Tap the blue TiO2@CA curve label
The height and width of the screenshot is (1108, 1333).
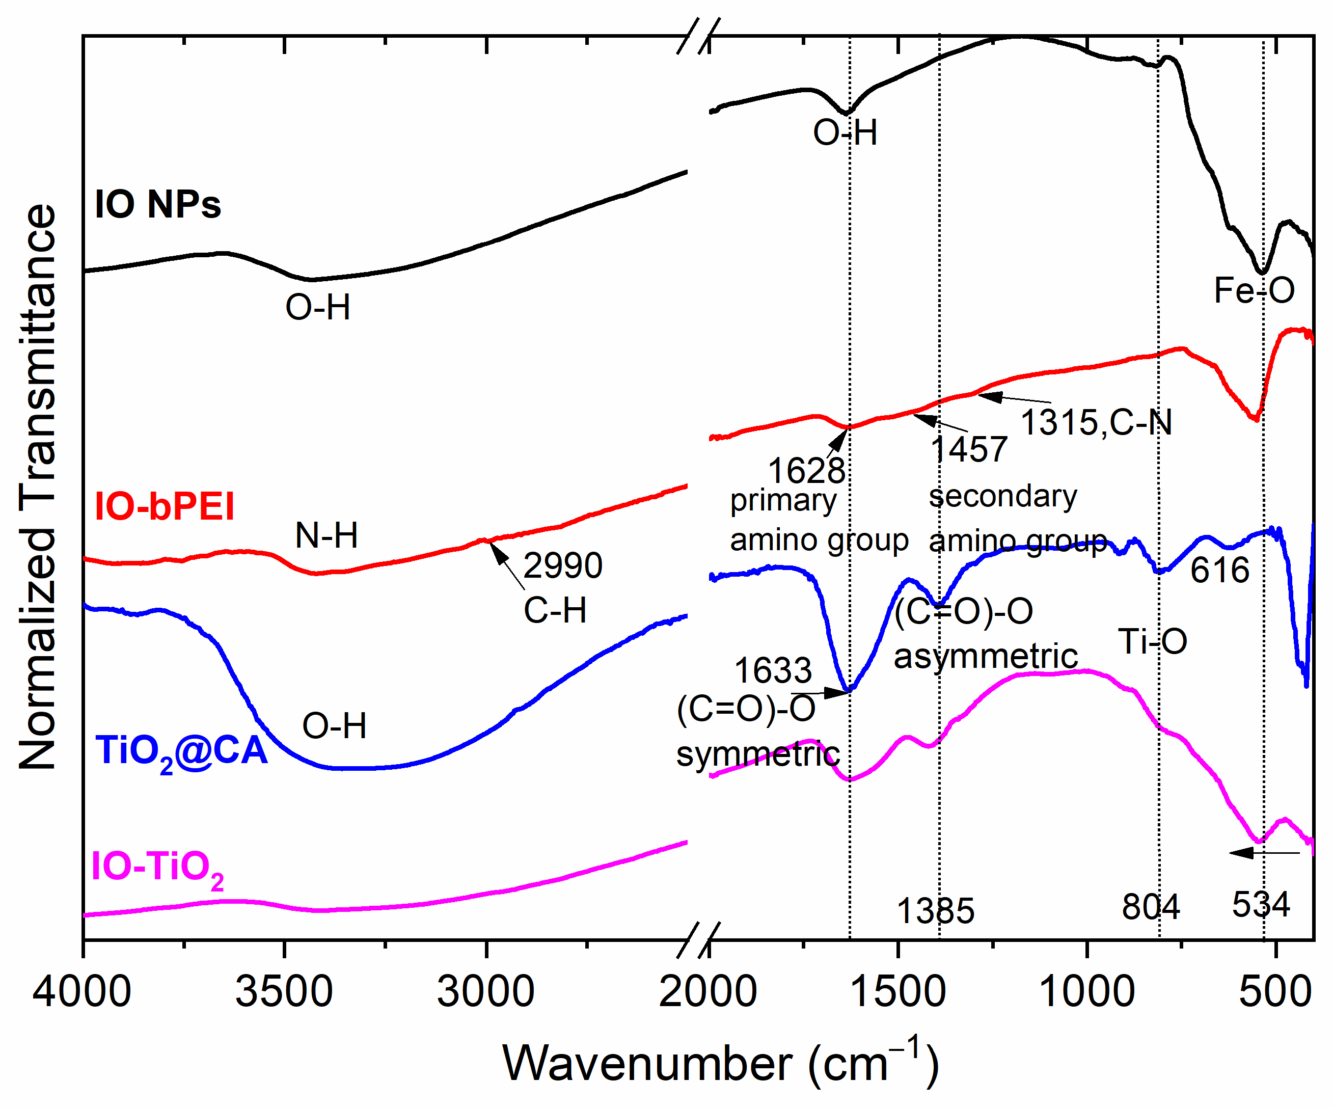coord(181,752)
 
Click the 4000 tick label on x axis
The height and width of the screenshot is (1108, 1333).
coord(82,992)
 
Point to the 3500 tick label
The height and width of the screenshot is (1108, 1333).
coord(284,992)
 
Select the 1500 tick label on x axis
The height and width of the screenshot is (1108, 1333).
coord(897,992)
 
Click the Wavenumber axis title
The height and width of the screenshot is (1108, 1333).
coord(720,1064)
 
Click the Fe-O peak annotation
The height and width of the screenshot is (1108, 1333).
coord(1254,291)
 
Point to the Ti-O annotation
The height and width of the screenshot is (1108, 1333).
coord(1152,641)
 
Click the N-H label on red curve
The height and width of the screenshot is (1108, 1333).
coord(327,535)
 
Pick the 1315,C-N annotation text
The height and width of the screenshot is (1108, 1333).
coord(1096,422)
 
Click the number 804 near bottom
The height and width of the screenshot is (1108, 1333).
coord(1150,907)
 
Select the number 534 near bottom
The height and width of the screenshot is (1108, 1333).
coord(1261,904)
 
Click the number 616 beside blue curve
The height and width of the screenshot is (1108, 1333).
coord(1219,570)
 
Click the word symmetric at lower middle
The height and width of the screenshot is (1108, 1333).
coord(758,754)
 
